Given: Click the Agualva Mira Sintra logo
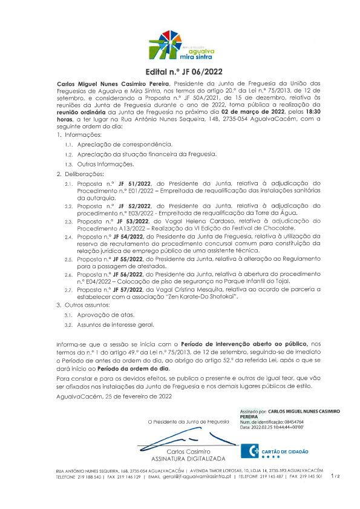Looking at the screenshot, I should coord(179,45).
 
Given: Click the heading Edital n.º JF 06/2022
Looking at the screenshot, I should coord(180,71).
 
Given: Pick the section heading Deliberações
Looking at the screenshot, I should coord(94,174).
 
